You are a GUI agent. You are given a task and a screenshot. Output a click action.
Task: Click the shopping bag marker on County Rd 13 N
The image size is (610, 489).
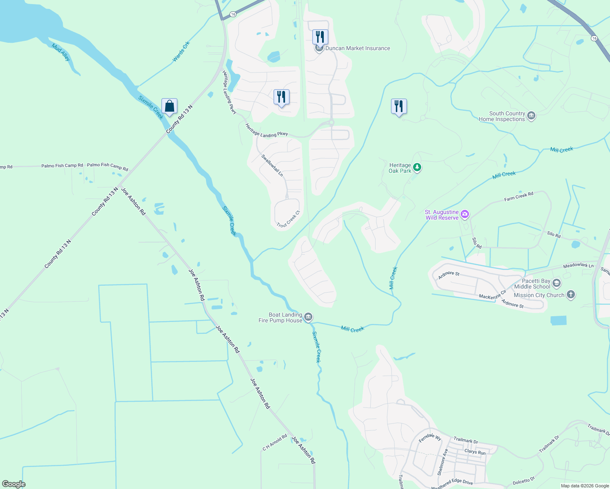click(169, 106)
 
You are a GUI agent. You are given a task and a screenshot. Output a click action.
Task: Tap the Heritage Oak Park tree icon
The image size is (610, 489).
click(417, 167)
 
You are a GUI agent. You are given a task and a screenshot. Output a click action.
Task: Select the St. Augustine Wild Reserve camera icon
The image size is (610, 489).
click(464, 214)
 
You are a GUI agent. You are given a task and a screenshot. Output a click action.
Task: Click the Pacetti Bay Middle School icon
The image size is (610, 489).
click(557, 283)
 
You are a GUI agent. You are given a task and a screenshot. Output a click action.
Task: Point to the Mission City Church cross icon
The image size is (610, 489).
click(571, 295)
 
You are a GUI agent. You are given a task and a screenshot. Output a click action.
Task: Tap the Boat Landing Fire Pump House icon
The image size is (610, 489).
click(308, 317)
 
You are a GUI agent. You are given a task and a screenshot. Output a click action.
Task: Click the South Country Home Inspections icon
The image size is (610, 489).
click(531, 116)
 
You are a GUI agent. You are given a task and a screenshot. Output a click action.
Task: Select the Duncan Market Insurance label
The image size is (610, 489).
click(358, 48)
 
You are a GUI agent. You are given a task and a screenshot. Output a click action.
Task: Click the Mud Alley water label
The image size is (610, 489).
click(61, 52)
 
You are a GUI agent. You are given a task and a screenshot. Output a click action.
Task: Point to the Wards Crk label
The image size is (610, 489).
click(181, 52)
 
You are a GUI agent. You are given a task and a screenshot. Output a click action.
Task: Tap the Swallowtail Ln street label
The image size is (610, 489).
click(272, 165)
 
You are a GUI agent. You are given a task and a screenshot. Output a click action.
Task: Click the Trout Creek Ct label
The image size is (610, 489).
click(288, 219)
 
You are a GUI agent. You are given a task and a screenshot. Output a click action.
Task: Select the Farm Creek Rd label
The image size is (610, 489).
click(519, 196)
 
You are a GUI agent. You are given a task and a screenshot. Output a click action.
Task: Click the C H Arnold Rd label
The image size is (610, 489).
click(275, 443)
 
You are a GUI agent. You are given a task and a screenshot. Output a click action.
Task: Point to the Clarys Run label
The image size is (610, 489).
click(475, 452)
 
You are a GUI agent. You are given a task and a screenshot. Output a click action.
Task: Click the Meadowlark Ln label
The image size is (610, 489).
click(578, 265)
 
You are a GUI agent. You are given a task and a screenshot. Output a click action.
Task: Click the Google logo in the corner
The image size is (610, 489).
click(13, 484)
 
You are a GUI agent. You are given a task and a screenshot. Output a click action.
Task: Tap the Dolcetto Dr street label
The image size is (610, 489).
click(524, 481)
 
